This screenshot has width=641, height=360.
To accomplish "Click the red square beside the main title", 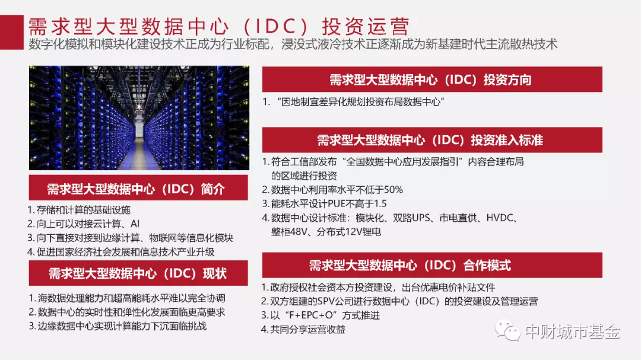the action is (x=11, y=32).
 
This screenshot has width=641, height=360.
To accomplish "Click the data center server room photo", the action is (x=139, y=117).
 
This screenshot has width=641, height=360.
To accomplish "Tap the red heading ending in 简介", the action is (x=138, y=188).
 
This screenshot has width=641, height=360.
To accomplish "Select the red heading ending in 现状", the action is (x=138, y=273).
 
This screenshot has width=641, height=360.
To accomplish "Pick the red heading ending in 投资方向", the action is (x=432, y=79).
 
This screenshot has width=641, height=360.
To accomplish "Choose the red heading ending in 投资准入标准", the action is (x=432, y=140).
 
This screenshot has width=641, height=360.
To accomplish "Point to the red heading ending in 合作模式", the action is (x=432, y=265).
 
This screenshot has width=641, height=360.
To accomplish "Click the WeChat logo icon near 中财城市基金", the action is (x=507, y=330).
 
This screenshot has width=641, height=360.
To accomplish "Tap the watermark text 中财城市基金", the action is (x=572, y=332).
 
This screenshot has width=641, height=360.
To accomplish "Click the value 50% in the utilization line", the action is (x=394, y=190).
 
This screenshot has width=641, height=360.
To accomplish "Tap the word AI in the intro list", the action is (x=135, y=224).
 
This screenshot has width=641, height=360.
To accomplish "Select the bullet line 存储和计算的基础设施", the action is (x=79, y=210).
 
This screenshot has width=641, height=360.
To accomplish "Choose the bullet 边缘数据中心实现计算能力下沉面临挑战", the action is (x=118, y=326).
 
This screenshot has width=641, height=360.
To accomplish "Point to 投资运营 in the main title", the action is (x=366, y=27).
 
